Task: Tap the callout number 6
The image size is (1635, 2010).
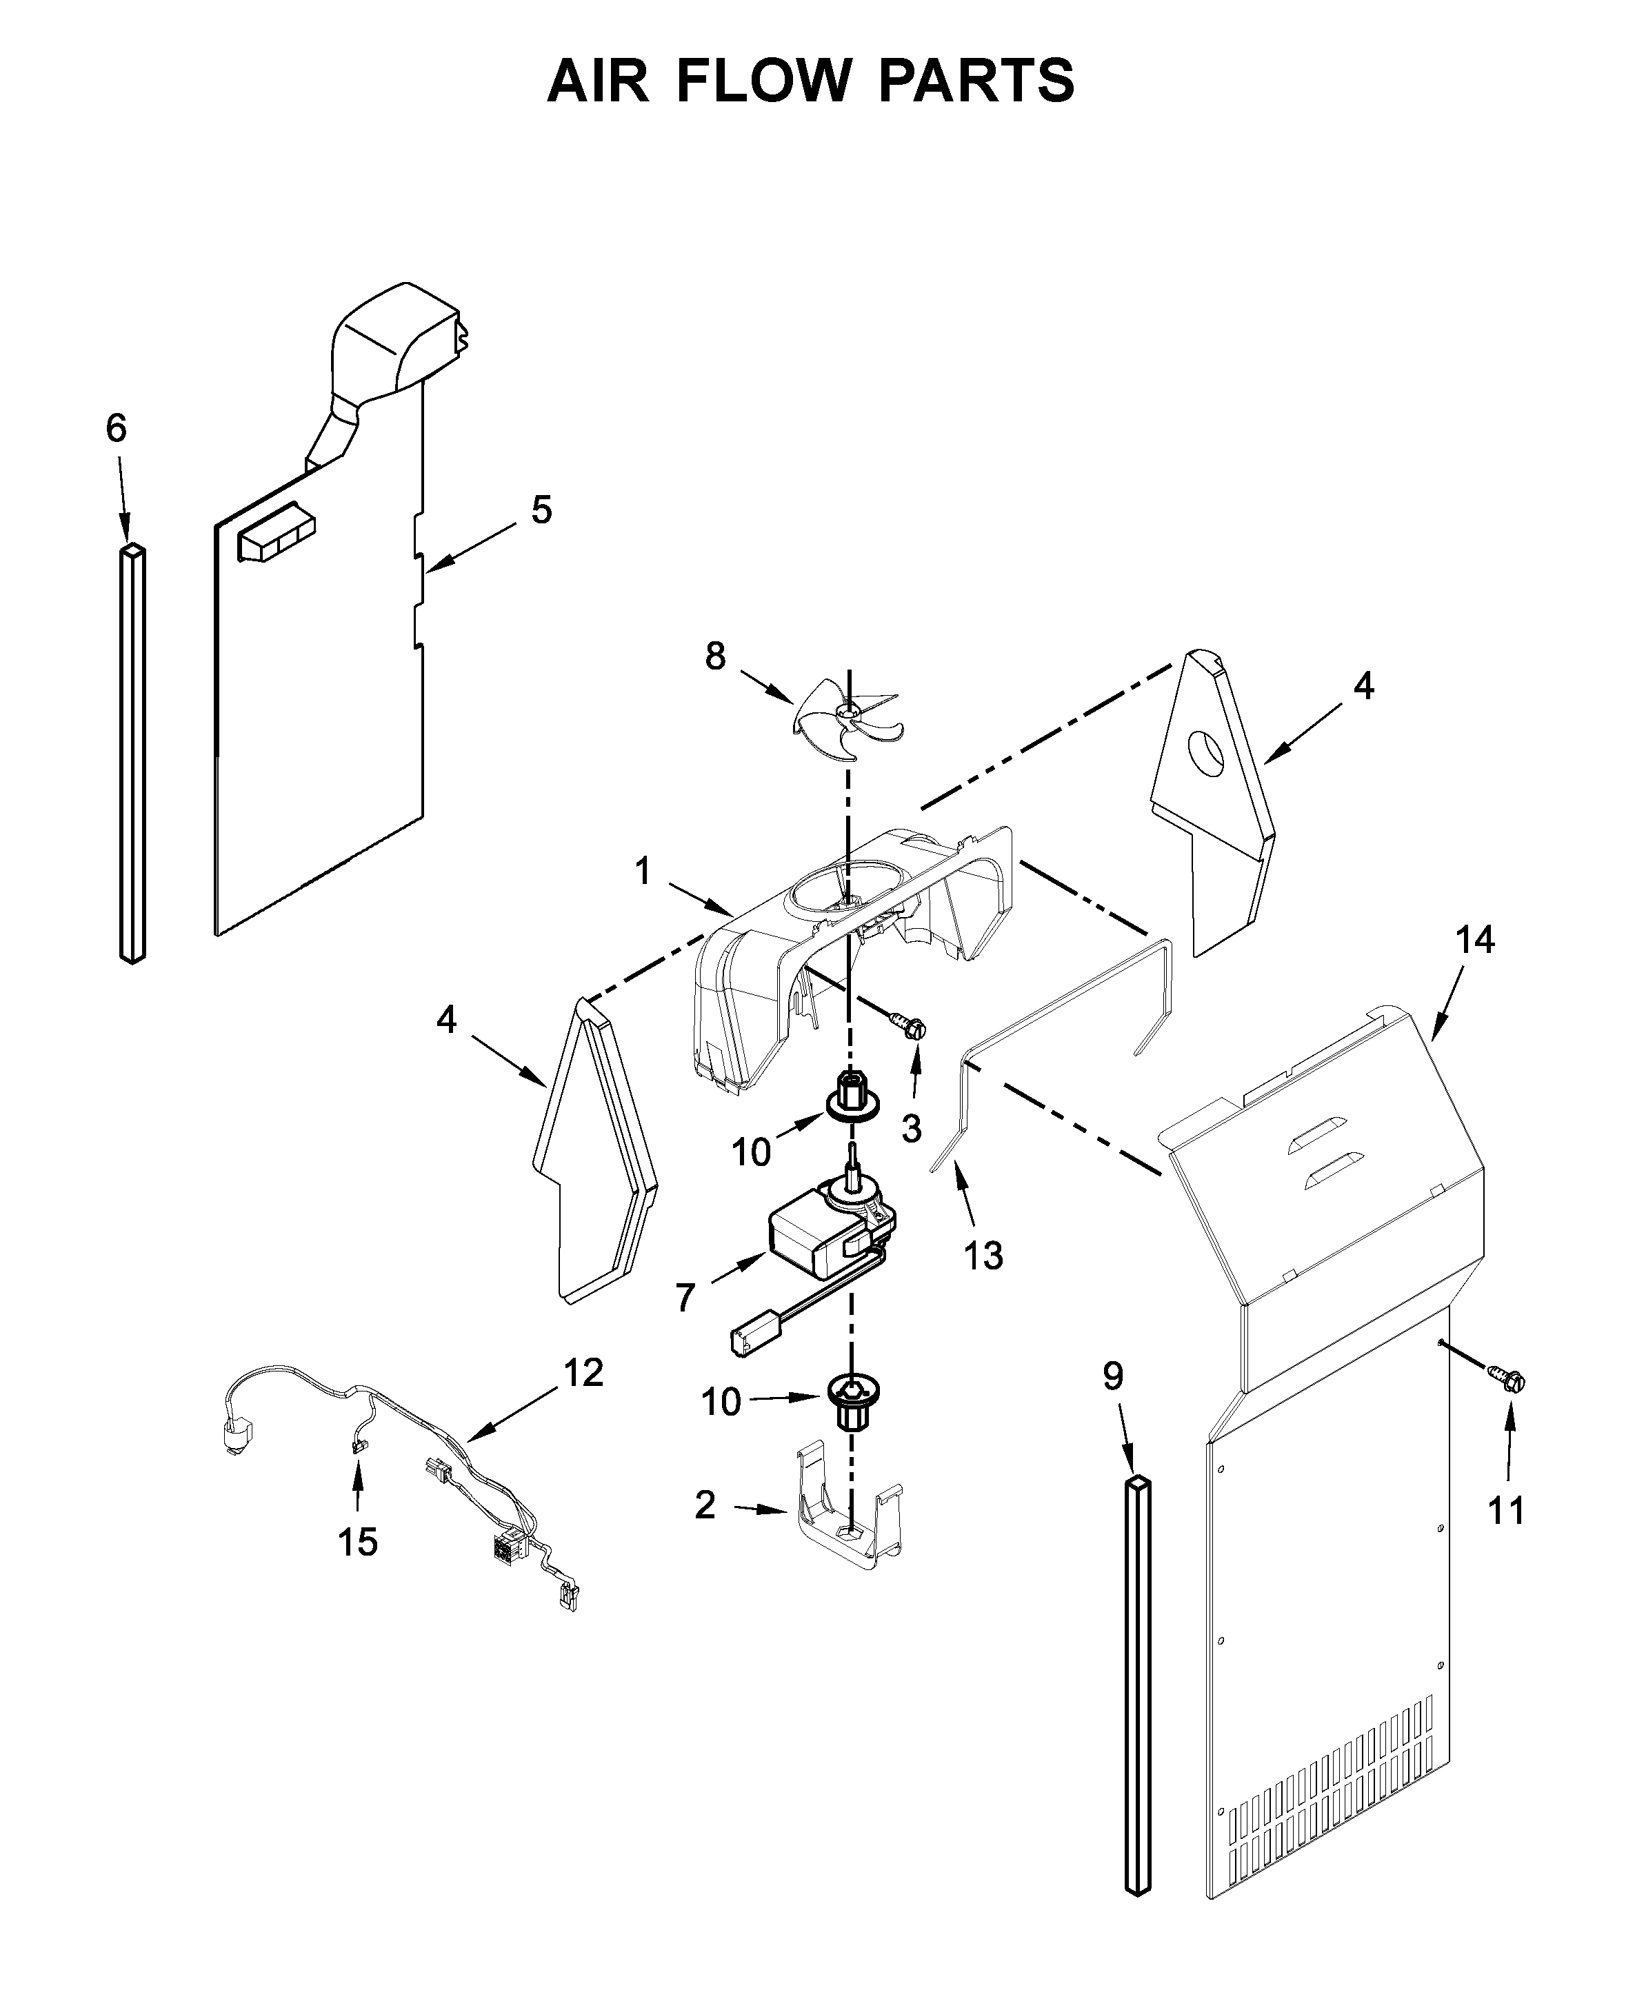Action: (x=115, y=429)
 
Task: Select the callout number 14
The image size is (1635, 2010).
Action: (x=1475, y=940)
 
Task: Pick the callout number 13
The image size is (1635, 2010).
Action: (x=983, y=1256)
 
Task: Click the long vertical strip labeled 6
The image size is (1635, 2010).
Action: (x=133, y=754)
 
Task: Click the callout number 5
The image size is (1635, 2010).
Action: (x=541, y=510)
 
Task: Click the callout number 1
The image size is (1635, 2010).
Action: (x=643, y=872)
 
